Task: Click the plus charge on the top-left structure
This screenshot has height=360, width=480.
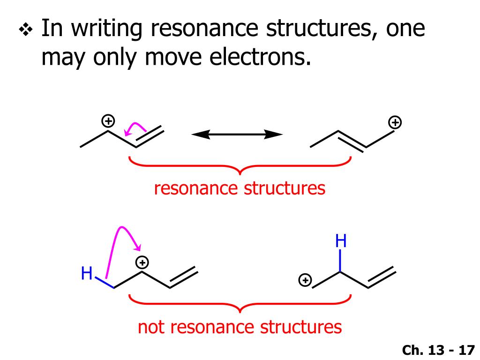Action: [x=108, y=121]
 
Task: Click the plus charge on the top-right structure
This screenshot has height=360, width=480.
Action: [x=396, y=123]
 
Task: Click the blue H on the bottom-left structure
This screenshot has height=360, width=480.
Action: [x=87, y=273]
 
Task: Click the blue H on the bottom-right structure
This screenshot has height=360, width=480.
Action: [x=341, y=242]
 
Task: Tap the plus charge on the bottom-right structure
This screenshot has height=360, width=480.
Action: [x=305, y=281]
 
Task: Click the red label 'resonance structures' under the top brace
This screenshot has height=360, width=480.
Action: [x=240, y=188]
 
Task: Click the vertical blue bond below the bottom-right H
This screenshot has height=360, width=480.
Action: [x=341, y=261]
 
